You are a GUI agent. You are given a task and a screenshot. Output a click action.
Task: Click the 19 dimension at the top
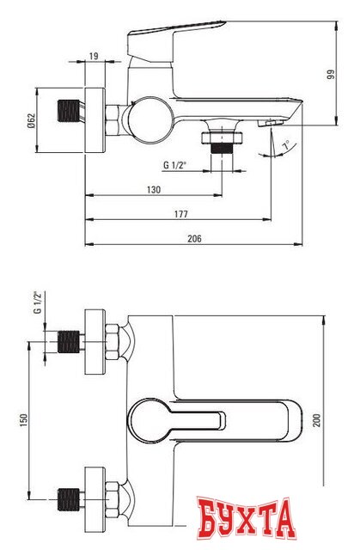coord(94,57)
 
